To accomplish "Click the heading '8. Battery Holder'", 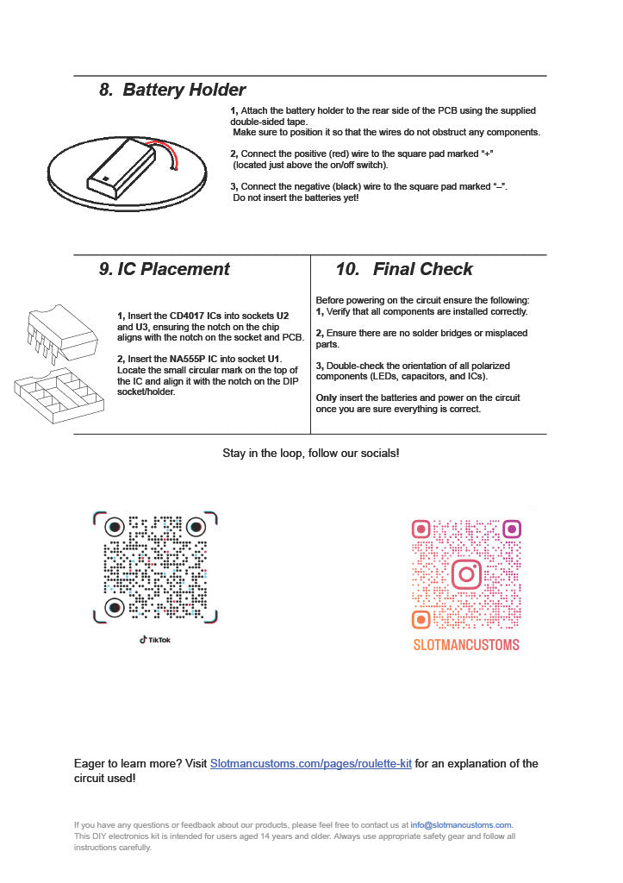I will [172, 90].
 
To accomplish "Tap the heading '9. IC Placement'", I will [165, 269].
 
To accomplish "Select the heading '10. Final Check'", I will [404, 269].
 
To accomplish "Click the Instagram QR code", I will [466, 573].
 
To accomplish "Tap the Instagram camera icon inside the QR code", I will [466, 574].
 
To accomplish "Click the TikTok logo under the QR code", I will [155, 639].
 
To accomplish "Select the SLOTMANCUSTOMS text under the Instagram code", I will [466, 644].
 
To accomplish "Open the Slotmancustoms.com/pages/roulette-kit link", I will [311, 764].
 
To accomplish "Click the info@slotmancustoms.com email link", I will [461, 825].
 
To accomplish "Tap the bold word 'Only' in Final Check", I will [327, 398].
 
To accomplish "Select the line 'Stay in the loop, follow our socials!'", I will [311, 453].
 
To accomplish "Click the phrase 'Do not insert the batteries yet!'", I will [296, 197].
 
